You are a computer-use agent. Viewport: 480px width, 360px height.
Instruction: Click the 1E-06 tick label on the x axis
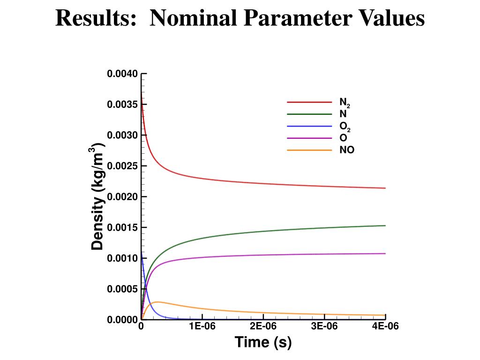(x=202, y=327)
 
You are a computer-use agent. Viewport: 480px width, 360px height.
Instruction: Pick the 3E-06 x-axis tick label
(x=324, y=327)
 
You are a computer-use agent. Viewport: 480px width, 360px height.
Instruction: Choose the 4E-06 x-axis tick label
(x=385, y=327)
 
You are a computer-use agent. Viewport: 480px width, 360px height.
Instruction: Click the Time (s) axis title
(x=263, y=342)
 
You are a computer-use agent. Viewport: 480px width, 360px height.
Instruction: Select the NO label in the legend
(x=347, y=150)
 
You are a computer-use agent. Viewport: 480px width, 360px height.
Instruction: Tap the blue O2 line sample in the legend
(x=309, y=126)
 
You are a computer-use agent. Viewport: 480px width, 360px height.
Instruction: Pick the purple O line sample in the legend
(x=309, y=138)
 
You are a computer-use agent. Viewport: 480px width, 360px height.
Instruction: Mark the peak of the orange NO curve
(x=158, y=302)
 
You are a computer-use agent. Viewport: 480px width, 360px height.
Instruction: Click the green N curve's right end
(x=385, y=225)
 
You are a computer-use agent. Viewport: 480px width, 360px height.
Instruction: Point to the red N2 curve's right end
(x=385, y=188)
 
